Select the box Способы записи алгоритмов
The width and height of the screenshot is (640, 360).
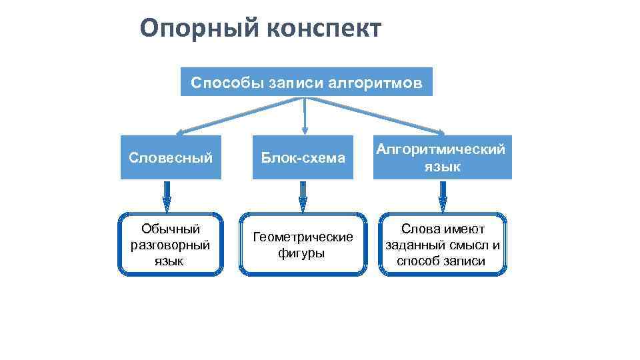(x=306, y=82)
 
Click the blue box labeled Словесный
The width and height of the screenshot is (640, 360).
(x=171, y=158)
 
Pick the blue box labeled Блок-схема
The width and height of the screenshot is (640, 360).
(x=303, y=158)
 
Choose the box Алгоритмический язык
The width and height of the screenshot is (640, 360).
(x=441, y=158)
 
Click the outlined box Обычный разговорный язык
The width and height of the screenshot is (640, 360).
(x=171, y=245)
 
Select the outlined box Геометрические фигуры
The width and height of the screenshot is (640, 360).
(x=303, y=245)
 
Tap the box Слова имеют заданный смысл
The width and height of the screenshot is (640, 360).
(x=441, y=245)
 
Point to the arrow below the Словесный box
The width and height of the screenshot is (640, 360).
(x=167, y=197)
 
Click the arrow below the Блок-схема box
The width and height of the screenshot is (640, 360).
(x=303, y=197)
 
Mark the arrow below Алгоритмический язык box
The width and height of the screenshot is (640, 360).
(x=443, y=197)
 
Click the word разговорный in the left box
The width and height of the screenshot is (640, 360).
(x=171, y=245)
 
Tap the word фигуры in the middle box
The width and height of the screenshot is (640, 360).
(x=302, y=253)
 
